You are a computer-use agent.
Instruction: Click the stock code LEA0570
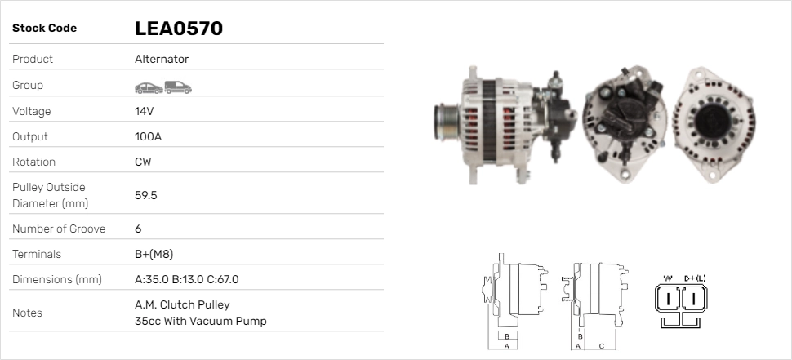pyautogui.click(x=179, y=29)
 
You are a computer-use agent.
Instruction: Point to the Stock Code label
pyautogui.click(x=44, y=29)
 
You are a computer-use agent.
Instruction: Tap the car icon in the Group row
pyautogui.click(x=149, y=88)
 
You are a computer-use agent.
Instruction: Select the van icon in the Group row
pyautogui.click(x=178, y=87)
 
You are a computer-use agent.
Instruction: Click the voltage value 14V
pyautogui.click(x=144, y=111)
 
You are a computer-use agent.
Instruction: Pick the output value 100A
pyautogui.click(x=148, y=136)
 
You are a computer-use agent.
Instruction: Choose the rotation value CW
pyautogui.click(x=143, y=162)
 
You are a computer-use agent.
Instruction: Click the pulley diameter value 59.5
pyautogui.click(x=146, y=195)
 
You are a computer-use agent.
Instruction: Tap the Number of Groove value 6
pyautogui.click(x=139, y=229)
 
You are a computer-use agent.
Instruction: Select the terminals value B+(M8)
pyautogui.click(x=154, y=254)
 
